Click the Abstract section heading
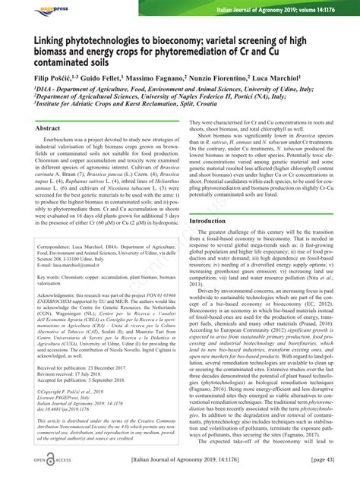(48, 130)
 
